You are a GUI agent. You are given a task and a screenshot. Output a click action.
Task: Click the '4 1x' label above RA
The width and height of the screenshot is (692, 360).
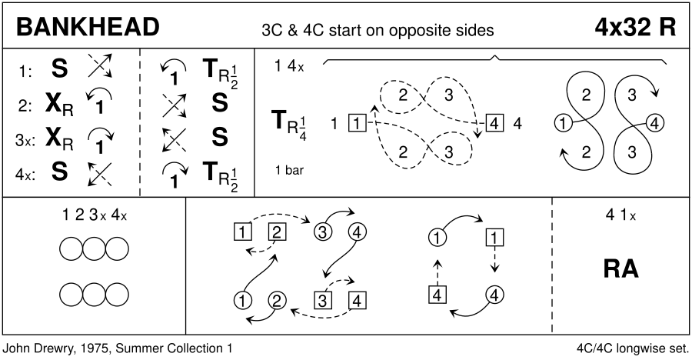pyautogui.click(x=621, y=216)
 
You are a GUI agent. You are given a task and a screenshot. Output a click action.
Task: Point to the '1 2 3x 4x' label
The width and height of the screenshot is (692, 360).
pyautogui.click(x=94, y=216)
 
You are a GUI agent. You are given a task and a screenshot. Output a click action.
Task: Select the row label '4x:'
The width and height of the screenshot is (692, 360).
pyautogui.click(x=25, y=174)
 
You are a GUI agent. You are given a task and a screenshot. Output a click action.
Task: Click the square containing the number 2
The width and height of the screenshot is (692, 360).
pyautogui.click(x=278, y=230)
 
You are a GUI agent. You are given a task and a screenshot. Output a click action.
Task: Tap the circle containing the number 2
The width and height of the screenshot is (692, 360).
pyautogui.click(x=278, y=300)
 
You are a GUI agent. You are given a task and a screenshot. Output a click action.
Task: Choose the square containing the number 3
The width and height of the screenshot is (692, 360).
pyautogui.click(x=323, y=300)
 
